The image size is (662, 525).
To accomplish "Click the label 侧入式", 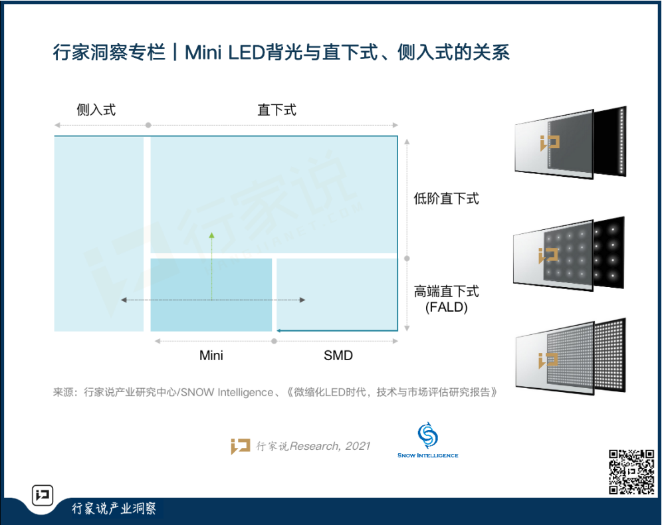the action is click(96, 110).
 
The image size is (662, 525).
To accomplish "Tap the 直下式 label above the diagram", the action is click(277, 110).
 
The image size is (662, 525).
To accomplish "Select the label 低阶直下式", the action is click(446, 198).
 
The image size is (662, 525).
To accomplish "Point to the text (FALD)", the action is click(446, 307).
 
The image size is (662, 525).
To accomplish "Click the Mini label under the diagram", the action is click(211, 356).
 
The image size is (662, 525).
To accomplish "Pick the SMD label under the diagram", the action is click(338, 356).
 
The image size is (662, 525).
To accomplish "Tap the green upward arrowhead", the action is click(211, 235).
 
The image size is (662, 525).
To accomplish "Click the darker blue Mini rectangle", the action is click(211, 294).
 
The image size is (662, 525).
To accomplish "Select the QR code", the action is click(631, 472).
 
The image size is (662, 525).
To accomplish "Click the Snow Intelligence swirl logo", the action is click(427, 435).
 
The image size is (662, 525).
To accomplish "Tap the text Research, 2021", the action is click(330, 446).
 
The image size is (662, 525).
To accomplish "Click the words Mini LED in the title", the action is click(224, 52).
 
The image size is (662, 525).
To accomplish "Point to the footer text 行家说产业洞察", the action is click(114, 508).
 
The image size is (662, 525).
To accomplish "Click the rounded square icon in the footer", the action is click(43, 494).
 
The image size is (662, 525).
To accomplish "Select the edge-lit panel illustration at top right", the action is click(570, 142).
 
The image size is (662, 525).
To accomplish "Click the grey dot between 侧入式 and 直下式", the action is click(148, 126).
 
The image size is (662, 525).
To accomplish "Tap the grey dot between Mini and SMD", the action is click(274, 341).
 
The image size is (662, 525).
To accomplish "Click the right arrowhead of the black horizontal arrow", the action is click(302, 300).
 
